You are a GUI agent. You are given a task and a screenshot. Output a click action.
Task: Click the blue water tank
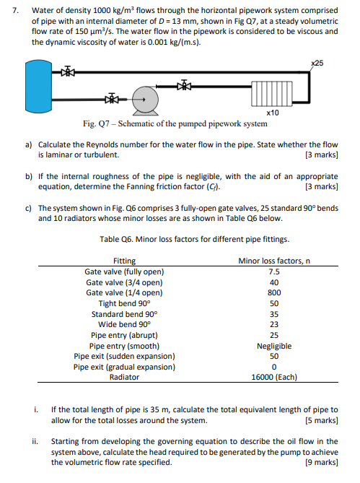coord(39,86)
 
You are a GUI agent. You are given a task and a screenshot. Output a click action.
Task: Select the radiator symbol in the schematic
coord(272,93)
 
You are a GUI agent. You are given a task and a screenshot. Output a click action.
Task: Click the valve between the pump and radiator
coord(184,86)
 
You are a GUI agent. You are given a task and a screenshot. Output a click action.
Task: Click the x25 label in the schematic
coord(317,63)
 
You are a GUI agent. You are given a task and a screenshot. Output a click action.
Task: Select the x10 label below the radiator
coord(273,113)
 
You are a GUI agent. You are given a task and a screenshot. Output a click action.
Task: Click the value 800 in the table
coord(274,292)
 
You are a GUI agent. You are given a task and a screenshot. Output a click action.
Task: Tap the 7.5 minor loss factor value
coord(274,271)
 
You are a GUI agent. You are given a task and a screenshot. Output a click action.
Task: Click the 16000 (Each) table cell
coord(274,377)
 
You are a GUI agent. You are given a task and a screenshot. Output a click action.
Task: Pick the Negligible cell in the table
coord(274,346)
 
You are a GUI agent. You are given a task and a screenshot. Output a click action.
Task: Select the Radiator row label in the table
coord(124,377)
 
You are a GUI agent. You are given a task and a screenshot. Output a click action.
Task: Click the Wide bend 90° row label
coord(124,324)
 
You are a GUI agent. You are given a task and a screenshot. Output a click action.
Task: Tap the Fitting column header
coord(124,261)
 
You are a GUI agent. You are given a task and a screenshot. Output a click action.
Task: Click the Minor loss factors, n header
coord(274,261)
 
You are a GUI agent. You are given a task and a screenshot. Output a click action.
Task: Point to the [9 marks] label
coord(322,462)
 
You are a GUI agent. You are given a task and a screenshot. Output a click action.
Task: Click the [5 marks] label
coord(322,420)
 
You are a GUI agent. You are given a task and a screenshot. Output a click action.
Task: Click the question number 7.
coord(15,11)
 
